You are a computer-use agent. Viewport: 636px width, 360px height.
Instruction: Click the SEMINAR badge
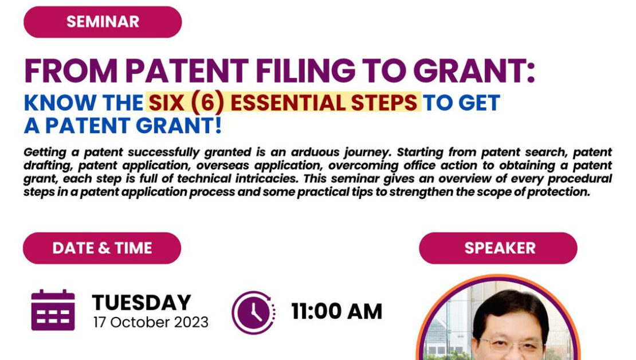click(x=103, y=22)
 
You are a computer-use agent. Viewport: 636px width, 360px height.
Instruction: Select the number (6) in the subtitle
click(x=207, y=102)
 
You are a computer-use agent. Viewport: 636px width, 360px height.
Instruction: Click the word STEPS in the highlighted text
click(x=384, y=102)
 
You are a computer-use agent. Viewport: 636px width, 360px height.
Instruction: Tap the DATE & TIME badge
click(x=102, y=248)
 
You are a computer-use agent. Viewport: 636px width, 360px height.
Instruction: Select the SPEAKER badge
click(x=498, y=248)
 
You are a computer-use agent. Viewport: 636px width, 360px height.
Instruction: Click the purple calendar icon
click(x=53, y=310)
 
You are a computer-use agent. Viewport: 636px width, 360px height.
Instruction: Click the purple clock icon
click(x=253, y=312)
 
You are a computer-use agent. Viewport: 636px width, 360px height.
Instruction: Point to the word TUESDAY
click(x=142, y=302)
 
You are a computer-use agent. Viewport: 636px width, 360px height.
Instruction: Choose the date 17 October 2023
click(x=151, y=322)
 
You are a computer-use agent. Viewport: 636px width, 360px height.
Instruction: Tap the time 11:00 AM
click(x=337, y=312)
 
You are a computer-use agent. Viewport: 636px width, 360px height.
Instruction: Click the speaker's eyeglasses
click(x=512, y=345)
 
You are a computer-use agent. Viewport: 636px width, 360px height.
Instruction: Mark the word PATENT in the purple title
click(x=187, y=71)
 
